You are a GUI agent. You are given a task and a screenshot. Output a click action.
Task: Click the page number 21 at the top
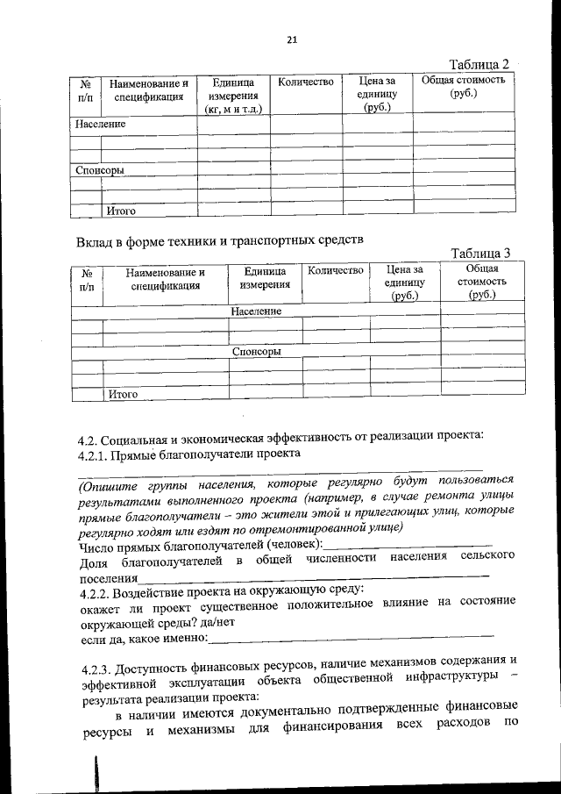coord(292,39)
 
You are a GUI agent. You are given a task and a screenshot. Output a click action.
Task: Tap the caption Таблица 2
coord(479,65)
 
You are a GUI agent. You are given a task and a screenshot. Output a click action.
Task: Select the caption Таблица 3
coord(479,253)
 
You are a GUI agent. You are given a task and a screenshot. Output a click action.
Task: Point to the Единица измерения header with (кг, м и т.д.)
coord(232,96)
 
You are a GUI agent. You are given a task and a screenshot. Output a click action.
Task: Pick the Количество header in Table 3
coord(336,271)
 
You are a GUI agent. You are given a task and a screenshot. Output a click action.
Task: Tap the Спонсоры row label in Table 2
coord(99,169)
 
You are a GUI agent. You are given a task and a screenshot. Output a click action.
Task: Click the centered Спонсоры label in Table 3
coord(256,351)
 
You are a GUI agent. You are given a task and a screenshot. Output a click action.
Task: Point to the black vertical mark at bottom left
coord(96,775)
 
